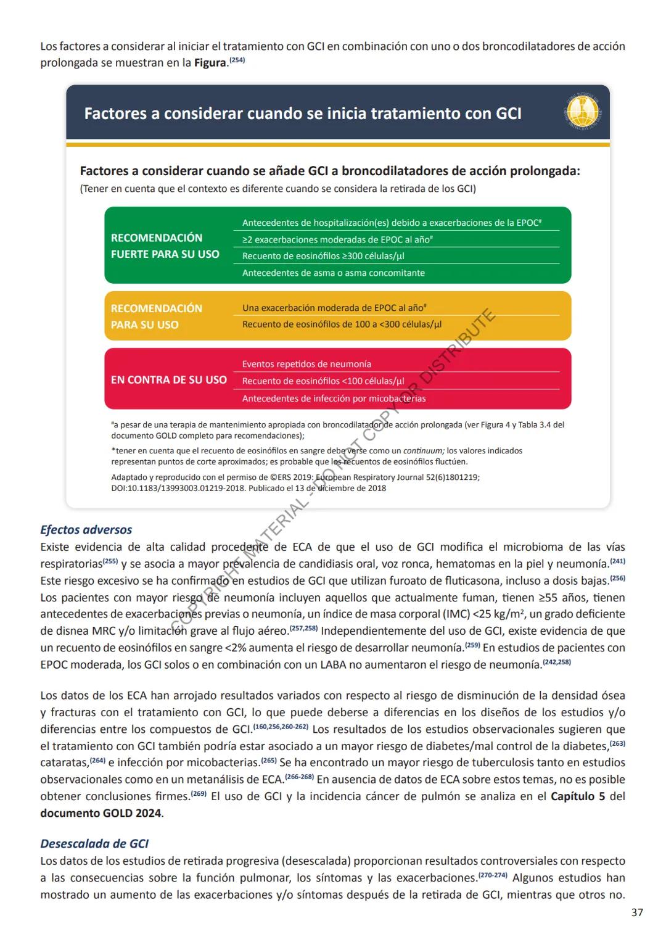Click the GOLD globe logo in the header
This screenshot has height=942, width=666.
[x=582, y=113]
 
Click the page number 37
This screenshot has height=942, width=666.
[x=637, y=912]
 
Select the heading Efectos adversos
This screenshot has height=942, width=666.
[x=86, y=529]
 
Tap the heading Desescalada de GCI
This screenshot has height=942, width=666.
[x=94, y=843]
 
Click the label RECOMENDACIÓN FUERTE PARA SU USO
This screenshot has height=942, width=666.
[x=165, y=246]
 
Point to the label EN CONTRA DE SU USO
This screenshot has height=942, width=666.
[x=168, y=379]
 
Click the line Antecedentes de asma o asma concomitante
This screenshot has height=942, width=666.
[x=333, y=273]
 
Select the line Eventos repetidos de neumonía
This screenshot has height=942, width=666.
[x=306, y=364]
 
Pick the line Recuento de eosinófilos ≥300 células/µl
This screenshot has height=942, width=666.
[x=323, y=256]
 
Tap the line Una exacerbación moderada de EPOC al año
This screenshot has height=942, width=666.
[x=334, y=307]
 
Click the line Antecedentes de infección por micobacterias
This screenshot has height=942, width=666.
[x=334, y=399]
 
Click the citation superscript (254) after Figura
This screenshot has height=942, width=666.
[x=237, y=60]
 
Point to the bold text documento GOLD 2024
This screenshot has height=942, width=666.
[x=101, y=813]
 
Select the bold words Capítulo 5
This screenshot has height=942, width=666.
[x=577, y=796]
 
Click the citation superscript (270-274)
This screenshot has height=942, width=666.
[x=492, y=875]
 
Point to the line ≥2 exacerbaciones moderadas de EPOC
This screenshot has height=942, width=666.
[x=337, y=239]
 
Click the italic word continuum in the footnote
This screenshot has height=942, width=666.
[x=424, y=450]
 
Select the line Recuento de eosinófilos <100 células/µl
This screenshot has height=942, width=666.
[x=323, y=381]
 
